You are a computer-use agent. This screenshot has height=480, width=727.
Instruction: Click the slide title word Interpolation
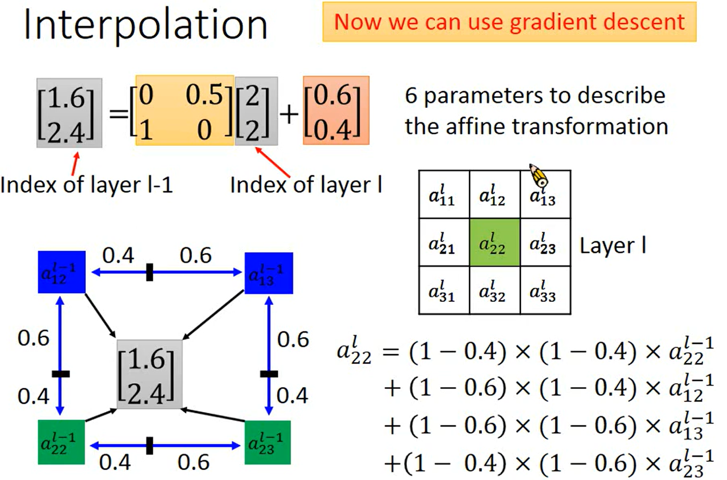[x=146, y=26]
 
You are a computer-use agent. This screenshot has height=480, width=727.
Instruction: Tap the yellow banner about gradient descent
[x=510, y=22]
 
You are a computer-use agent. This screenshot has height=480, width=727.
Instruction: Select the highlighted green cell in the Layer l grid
[x=494, y=245]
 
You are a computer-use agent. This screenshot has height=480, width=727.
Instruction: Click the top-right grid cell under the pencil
[x=544, y=195]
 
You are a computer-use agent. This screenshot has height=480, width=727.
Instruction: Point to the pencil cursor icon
[x=538, y=177]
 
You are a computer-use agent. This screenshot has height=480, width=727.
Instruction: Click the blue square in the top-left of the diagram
[x=62, y=272]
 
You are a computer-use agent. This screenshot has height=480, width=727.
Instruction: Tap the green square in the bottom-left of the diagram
[x=61, y=442]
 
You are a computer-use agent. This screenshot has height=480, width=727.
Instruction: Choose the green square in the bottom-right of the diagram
[x=268, y=442]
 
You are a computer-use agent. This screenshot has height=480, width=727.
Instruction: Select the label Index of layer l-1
[x=86, y=185]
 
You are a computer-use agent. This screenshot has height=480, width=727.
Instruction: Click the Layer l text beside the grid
[x=613, y=246]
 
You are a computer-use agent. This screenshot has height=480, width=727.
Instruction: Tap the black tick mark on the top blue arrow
[x=150, y=273]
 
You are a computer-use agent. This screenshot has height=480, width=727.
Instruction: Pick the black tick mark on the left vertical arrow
[x=60, y=374]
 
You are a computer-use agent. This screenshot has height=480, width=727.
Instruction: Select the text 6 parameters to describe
[x=535, y=95]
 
